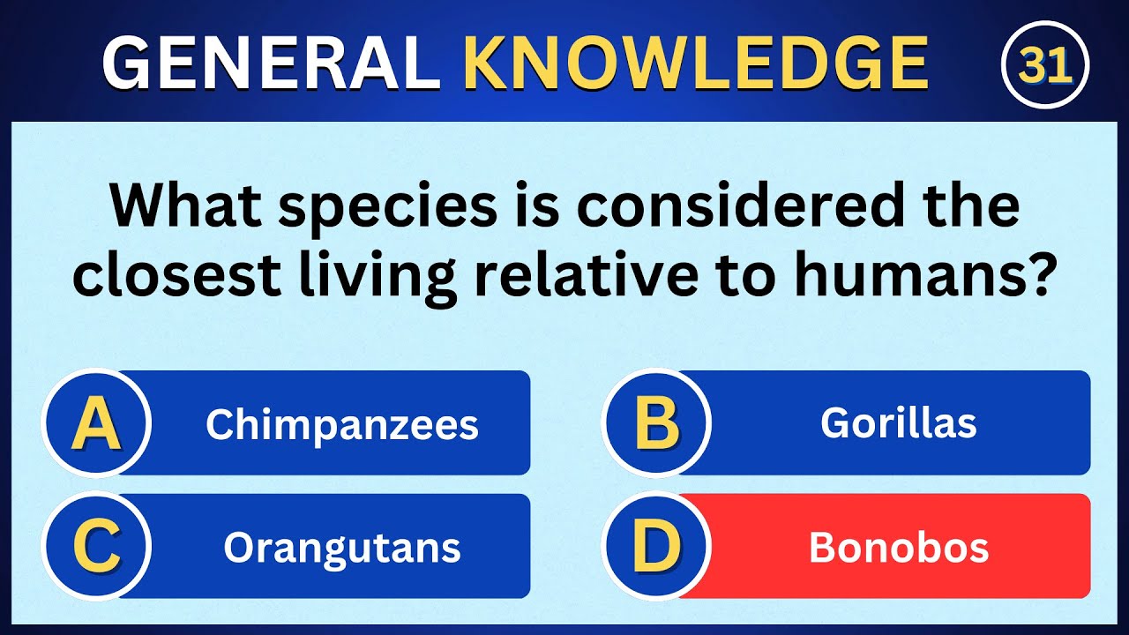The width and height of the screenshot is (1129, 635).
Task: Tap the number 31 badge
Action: (1045, 64)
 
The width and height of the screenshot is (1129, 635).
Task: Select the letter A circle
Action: (96, 423)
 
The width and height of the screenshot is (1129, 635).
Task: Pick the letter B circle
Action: (656, 423)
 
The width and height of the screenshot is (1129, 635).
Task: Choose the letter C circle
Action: (96, 547)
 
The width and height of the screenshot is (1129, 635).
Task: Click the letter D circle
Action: (656, 547)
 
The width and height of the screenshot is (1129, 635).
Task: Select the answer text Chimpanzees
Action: (342, 425)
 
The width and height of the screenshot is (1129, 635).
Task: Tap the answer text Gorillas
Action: (898, 423)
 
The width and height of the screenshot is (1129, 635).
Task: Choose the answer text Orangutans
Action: (342, 548)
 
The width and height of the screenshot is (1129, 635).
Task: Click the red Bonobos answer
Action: (898, 548)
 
